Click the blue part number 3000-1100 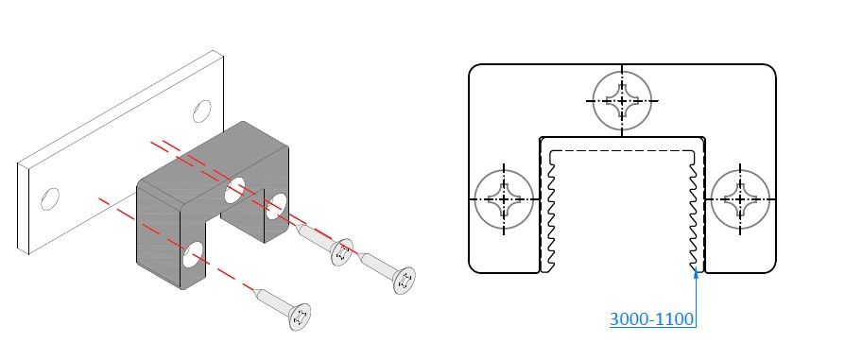pos(651,319)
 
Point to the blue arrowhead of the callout pos(696,272)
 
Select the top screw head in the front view pos(622,101)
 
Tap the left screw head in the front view pos(504,199)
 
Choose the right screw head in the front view pos(740,199)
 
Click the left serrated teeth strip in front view pos(551,212)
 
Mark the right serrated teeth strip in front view pos(693,212)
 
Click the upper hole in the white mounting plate pos(202,111)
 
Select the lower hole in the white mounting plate pos(50,198)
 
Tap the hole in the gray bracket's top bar pos(235,191)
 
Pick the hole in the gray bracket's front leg pos(193,255)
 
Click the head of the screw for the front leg pos(300,317)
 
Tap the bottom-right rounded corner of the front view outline pos(771,268)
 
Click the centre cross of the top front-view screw pos(622,101)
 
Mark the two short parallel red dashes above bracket pos(165,145)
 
